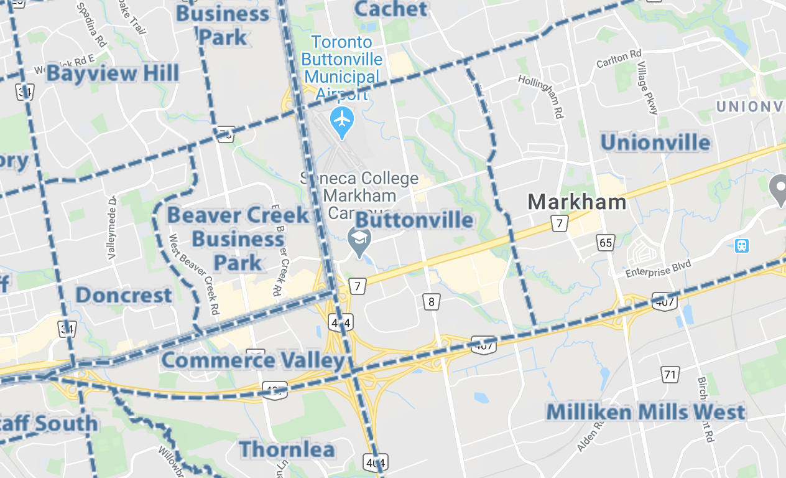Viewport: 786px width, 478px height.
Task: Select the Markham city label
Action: tap(577, 202)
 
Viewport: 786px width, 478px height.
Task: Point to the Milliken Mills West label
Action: tap(645, 412)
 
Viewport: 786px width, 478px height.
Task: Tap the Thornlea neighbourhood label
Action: tap(287, 449)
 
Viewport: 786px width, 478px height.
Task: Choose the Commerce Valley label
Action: tap(252, 360)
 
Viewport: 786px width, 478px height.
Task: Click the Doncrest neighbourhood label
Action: tap(124, 295)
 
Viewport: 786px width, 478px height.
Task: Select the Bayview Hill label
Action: tap(113, 73)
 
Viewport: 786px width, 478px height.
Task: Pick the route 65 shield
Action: tap(606, 242)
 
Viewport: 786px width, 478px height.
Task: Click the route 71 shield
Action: tap(669, 374)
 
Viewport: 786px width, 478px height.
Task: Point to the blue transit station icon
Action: tap(741, 245)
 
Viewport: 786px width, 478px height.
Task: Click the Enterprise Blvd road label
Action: tap(658, 269)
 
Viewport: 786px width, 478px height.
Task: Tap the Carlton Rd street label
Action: tap(618, 59)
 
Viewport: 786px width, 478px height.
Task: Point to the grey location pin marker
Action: tap(779, 189)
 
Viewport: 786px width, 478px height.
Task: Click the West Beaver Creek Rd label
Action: tap(194, 274)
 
